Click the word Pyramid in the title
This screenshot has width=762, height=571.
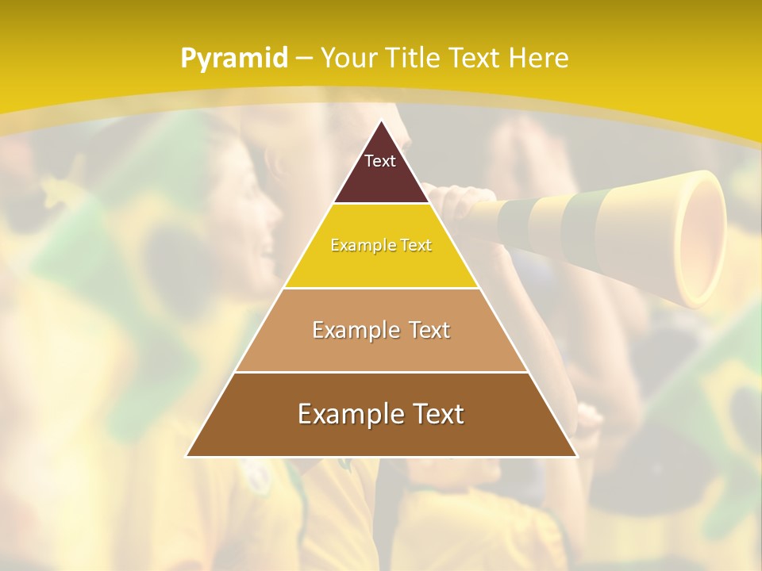point(234,58)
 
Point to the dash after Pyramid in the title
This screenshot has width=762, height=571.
point(304,58)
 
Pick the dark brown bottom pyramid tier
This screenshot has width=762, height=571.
point(381,436)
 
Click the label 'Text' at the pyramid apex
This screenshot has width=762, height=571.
point(380,161)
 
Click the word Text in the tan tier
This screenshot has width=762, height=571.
point(425,330)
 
